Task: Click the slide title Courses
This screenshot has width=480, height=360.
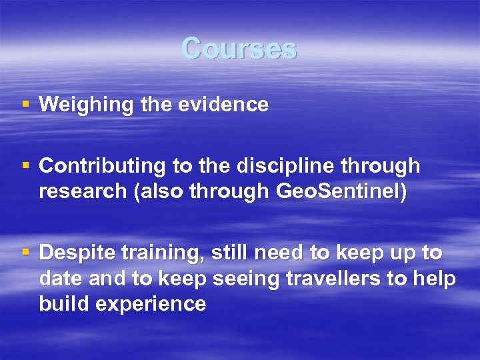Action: tap(239, 49)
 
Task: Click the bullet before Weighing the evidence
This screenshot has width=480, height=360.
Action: tap(26, 105)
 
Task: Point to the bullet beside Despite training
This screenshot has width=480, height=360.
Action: tap(26, 253)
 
